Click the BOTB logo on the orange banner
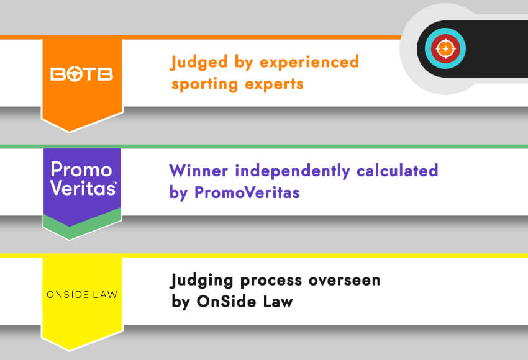click(81, 74)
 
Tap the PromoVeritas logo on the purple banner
click(81, 179)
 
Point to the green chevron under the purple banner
click(81, 227)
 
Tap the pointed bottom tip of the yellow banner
click(81, 348)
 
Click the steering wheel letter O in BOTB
click(73, 74)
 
